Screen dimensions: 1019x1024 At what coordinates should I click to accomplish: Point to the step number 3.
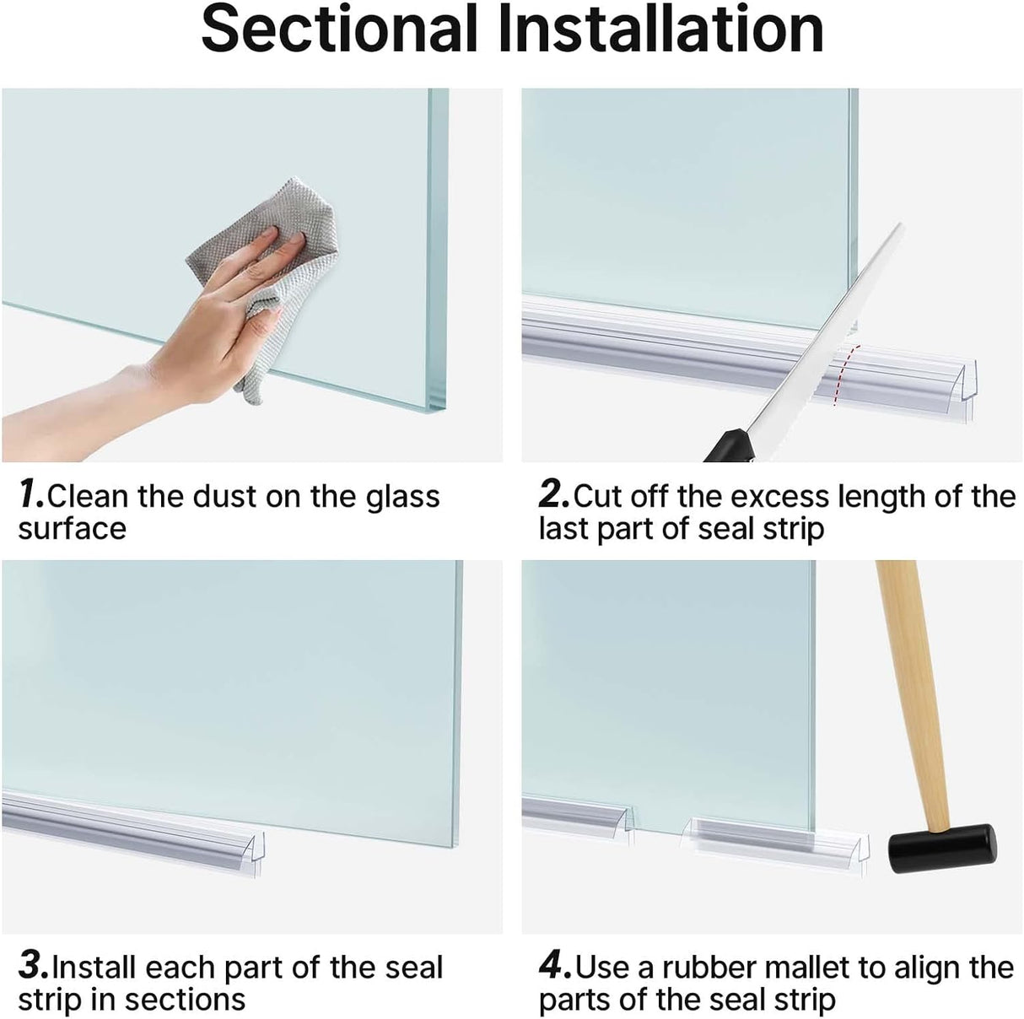32,967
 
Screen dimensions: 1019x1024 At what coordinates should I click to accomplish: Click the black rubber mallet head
941,847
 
